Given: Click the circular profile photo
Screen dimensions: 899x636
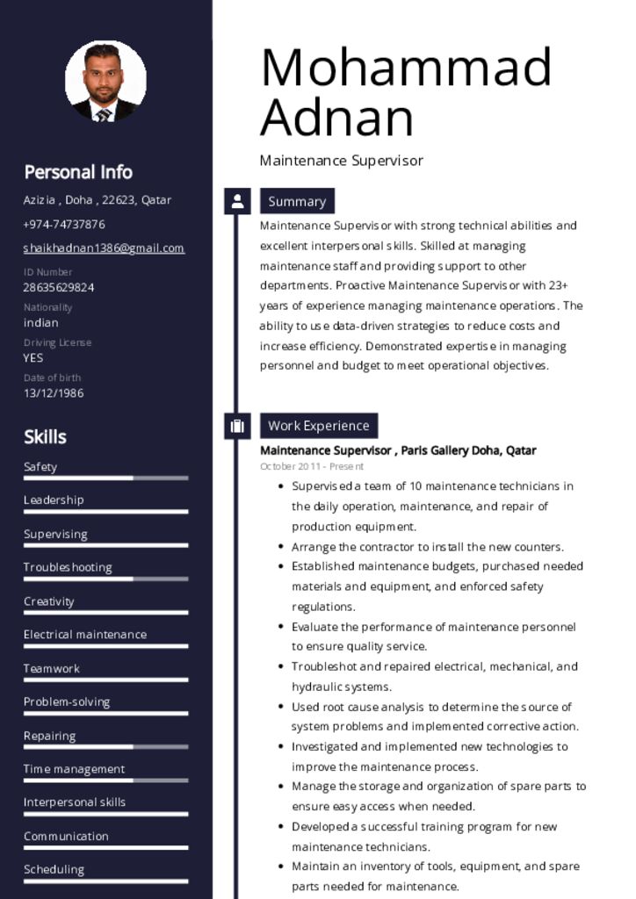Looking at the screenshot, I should click(105, 81).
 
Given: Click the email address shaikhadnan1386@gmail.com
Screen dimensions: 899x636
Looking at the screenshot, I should click(104, 248).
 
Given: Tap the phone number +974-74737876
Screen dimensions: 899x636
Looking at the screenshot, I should click(64, 224).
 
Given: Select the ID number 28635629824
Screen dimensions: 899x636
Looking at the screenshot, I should click(59, 287).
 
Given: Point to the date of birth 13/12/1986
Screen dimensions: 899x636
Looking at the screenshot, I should click(54, 392).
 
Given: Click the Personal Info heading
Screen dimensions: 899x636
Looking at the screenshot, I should click(78, 172).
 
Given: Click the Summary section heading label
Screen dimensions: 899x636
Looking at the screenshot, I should click(297, 201).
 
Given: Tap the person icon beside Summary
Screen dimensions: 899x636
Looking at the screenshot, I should click(237, 201).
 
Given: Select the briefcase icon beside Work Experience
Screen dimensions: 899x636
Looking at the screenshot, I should click(237, 426).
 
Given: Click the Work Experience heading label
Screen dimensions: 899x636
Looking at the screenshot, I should click(319, 426).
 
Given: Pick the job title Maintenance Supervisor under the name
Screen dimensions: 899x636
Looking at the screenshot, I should click(342, 161).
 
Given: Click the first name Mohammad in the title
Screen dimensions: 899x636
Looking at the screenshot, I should click(406, 67).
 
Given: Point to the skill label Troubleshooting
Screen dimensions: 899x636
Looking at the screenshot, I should click(68, 567).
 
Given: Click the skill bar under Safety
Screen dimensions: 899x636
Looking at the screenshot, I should click(105, 478).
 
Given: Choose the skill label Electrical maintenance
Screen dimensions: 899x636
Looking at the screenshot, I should click(85, 634).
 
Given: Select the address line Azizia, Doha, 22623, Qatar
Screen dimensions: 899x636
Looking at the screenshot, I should click(98, 199).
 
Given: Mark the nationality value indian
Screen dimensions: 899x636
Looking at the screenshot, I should click(41, 322).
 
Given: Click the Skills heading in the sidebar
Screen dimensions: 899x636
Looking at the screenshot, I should click(46, 436).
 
